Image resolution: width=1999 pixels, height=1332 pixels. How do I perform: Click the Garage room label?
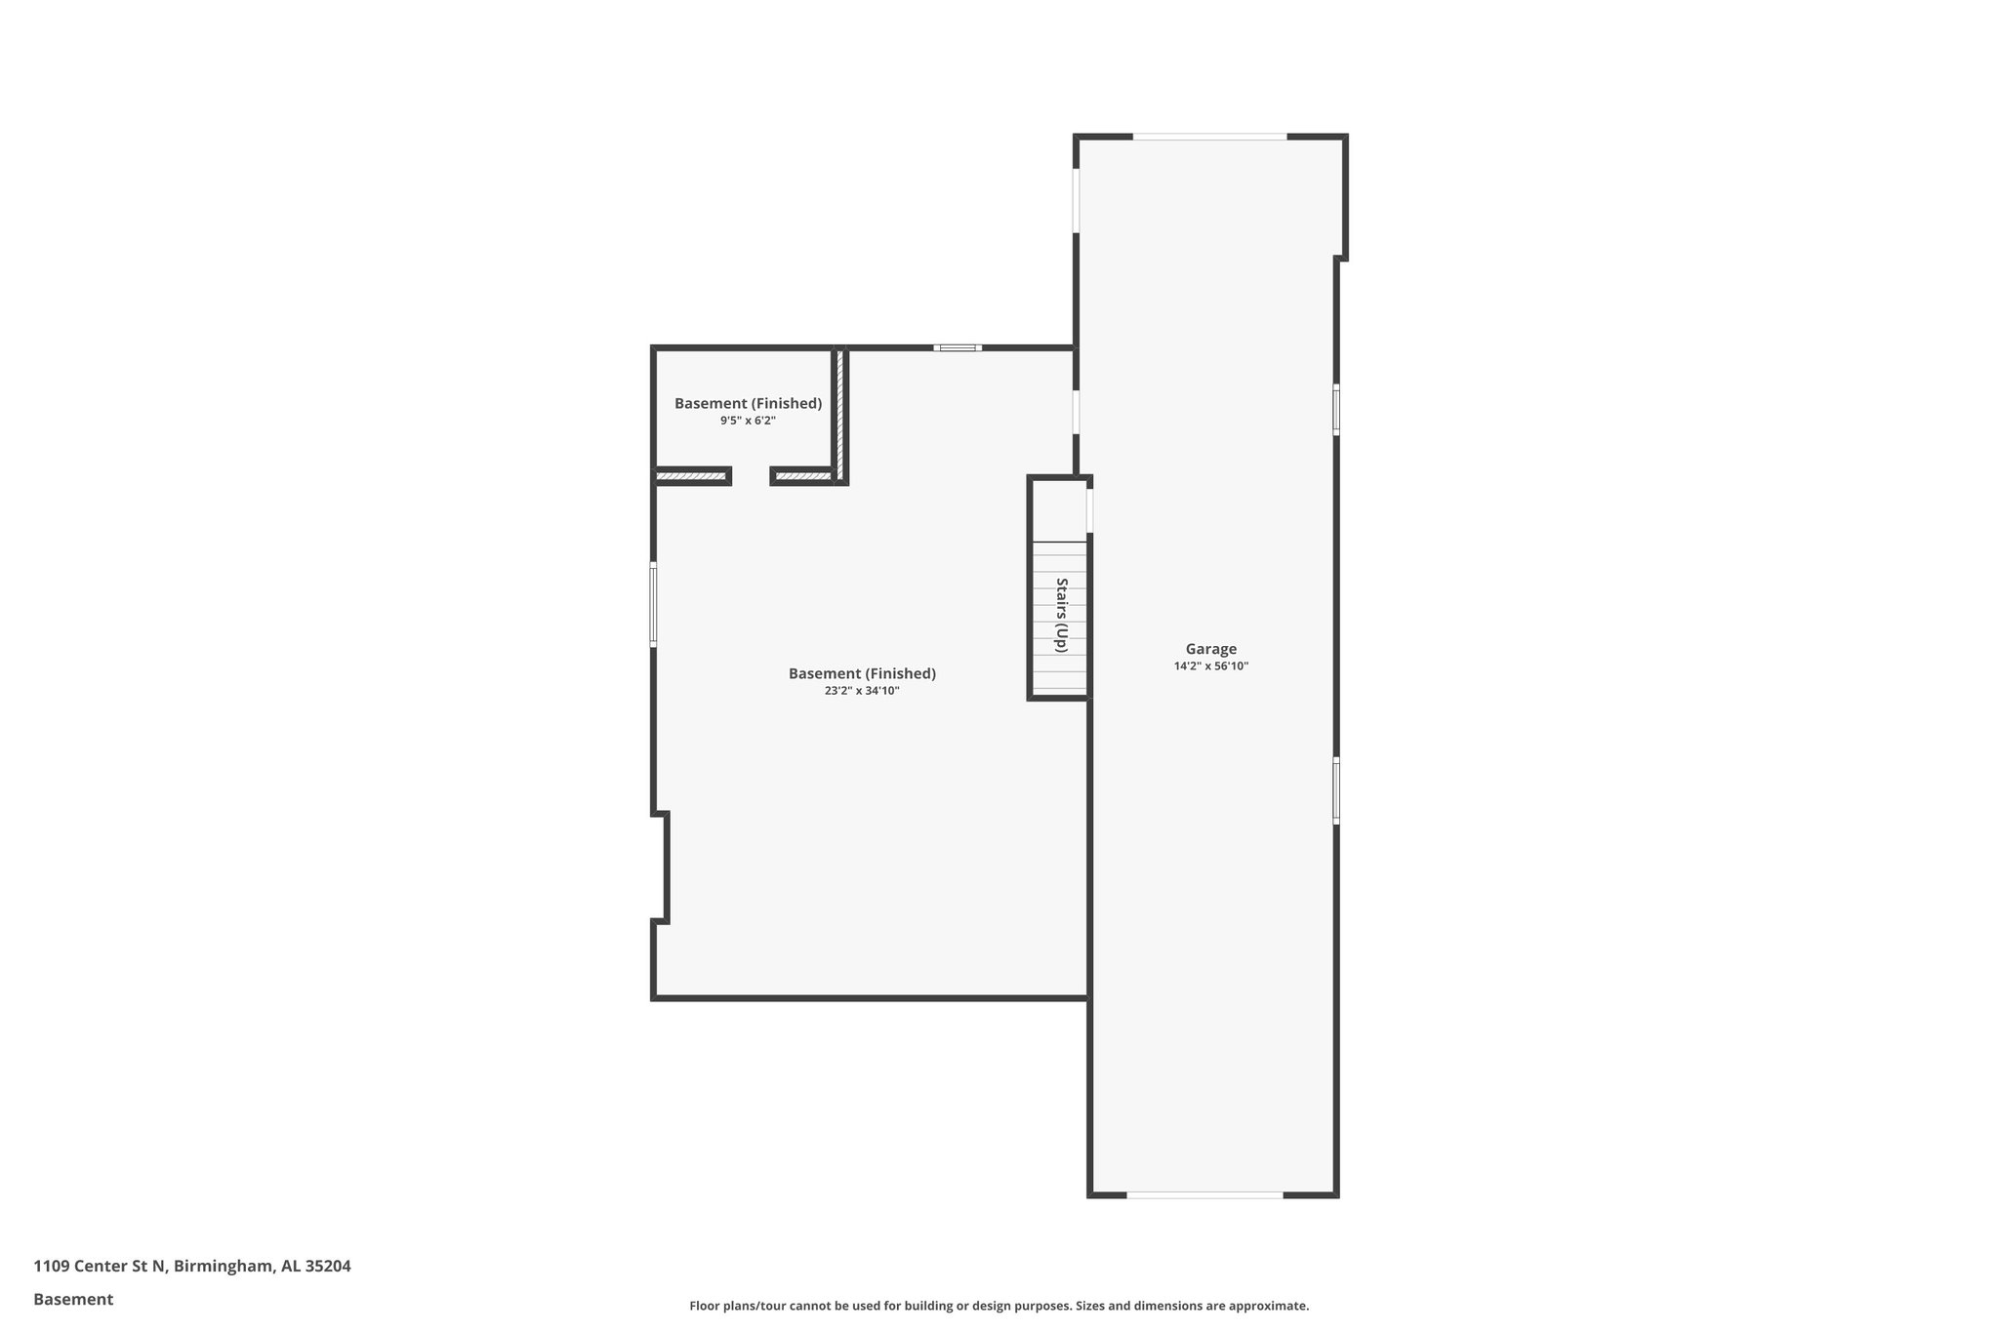click(1210, 649)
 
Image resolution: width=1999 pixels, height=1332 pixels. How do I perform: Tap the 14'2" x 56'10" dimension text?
click(1210, 666)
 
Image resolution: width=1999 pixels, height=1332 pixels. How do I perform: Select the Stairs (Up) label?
click(1061, 616)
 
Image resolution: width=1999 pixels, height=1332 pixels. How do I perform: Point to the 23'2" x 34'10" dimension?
click(861, 691)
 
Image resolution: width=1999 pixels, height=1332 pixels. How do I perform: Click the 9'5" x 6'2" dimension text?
click(748, 421)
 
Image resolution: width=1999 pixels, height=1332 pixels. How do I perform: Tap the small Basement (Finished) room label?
click(748, 403)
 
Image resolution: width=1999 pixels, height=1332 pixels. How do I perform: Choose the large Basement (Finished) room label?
click(861, 673)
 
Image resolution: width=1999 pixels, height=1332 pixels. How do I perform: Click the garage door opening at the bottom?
click(1204, 1194)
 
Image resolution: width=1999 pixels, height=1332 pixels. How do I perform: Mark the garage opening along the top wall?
click(1209, 137)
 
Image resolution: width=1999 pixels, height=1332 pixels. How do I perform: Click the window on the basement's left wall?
click(653, 604)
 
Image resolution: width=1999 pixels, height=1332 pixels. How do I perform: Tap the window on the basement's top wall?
click(957, 347)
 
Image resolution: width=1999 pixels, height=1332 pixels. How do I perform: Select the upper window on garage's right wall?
click(1335, 409)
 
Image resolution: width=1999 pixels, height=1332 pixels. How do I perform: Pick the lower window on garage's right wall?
click(1335, 790)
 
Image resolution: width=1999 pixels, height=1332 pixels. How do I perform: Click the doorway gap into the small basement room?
click(751, 476)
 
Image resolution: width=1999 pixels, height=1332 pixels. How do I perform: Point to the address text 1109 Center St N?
click(101, 1266)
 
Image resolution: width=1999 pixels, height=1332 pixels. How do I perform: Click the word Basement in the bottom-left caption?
click(73, 1299)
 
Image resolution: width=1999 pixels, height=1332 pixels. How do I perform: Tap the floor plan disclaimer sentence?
click(999, 1306)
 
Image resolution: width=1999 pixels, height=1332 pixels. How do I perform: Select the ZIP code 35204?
click(328, 1266)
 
